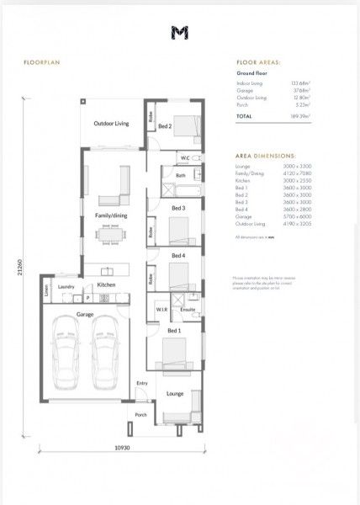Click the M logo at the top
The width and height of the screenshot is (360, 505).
pyautogui.click(x=179, y=32)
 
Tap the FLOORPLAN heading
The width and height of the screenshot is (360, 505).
pyautogui.click(x=40, y=62)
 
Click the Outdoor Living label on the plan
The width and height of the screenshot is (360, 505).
pyautogui.click(x=111, y=124)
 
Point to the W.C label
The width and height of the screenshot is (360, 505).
pyautogui.click(x=185, y=158)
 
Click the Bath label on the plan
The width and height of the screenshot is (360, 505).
pyautogui.click(x=181, y=175)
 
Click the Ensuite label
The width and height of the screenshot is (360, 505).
pyautogui.click(x=188, y=310)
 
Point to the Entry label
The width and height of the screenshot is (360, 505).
pyautogui.click(x=140, y=383)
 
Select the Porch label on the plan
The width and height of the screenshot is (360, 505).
pyautogui.click(x=140, y=414)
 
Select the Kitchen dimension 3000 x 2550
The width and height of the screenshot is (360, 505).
pyautogui.click(x=297, y=180)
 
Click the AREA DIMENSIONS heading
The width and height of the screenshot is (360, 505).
pyautogui.click(x=264, y=157)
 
